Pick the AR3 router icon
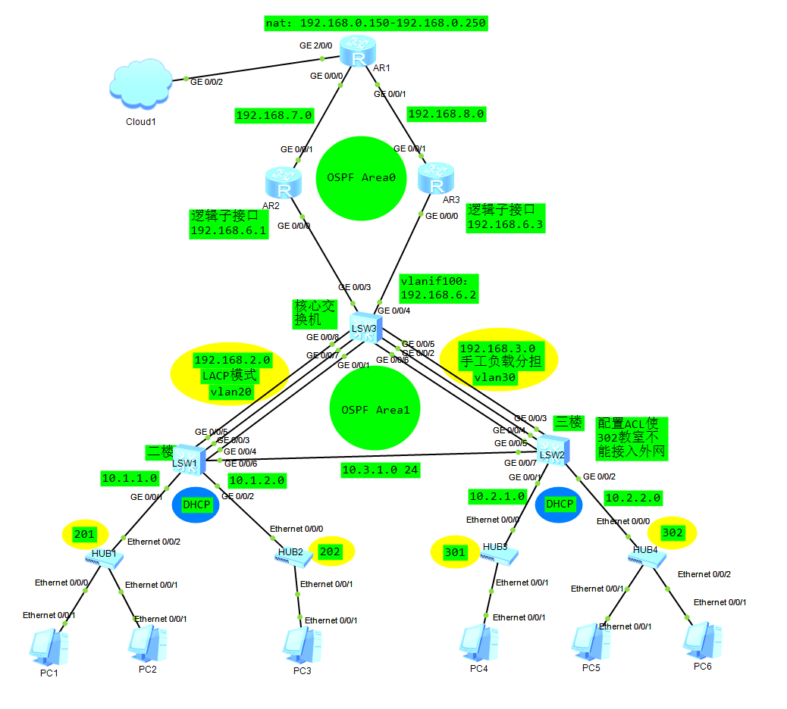pos(436,179)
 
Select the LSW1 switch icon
pos(185,458)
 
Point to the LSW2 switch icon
pos(552,448)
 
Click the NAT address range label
pos(375,23)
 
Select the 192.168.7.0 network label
pos(274,116)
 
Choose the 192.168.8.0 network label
pos(446,114)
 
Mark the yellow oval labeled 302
pos(673,533)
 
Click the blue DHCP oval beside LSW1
pos(196,504)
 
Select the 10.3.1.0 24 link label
pos(380,470)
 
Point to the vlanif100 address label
pos(438,288)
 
